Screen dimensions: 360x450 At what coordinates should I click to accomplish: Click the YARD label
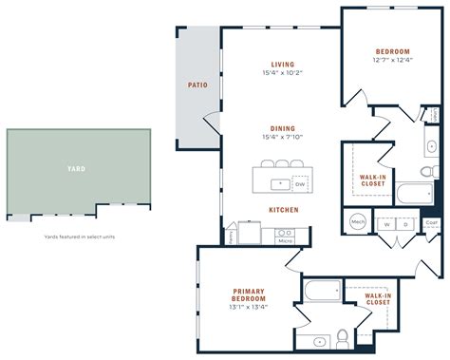[x=76, y=169]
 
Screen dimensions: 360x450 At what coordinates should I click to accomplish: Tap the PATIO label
[x=197, y=85]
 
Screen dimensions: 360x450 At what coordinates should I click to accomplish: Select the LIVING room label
[x=282, y=64]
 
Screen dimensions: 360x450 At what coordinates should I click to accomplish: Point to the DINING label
[x=282, y=127]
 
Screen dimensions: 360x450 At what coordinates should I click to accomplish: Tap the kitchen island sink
[x=281, y=182]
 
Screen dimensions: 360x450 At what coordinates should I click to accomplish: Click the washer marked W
[x=387, y=224]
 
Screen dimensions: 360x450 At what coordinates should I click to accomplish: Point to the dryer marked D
[x=405, y=224]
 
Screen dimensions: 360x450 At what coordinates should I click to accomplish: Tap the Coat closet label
[x=431, y=224]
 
